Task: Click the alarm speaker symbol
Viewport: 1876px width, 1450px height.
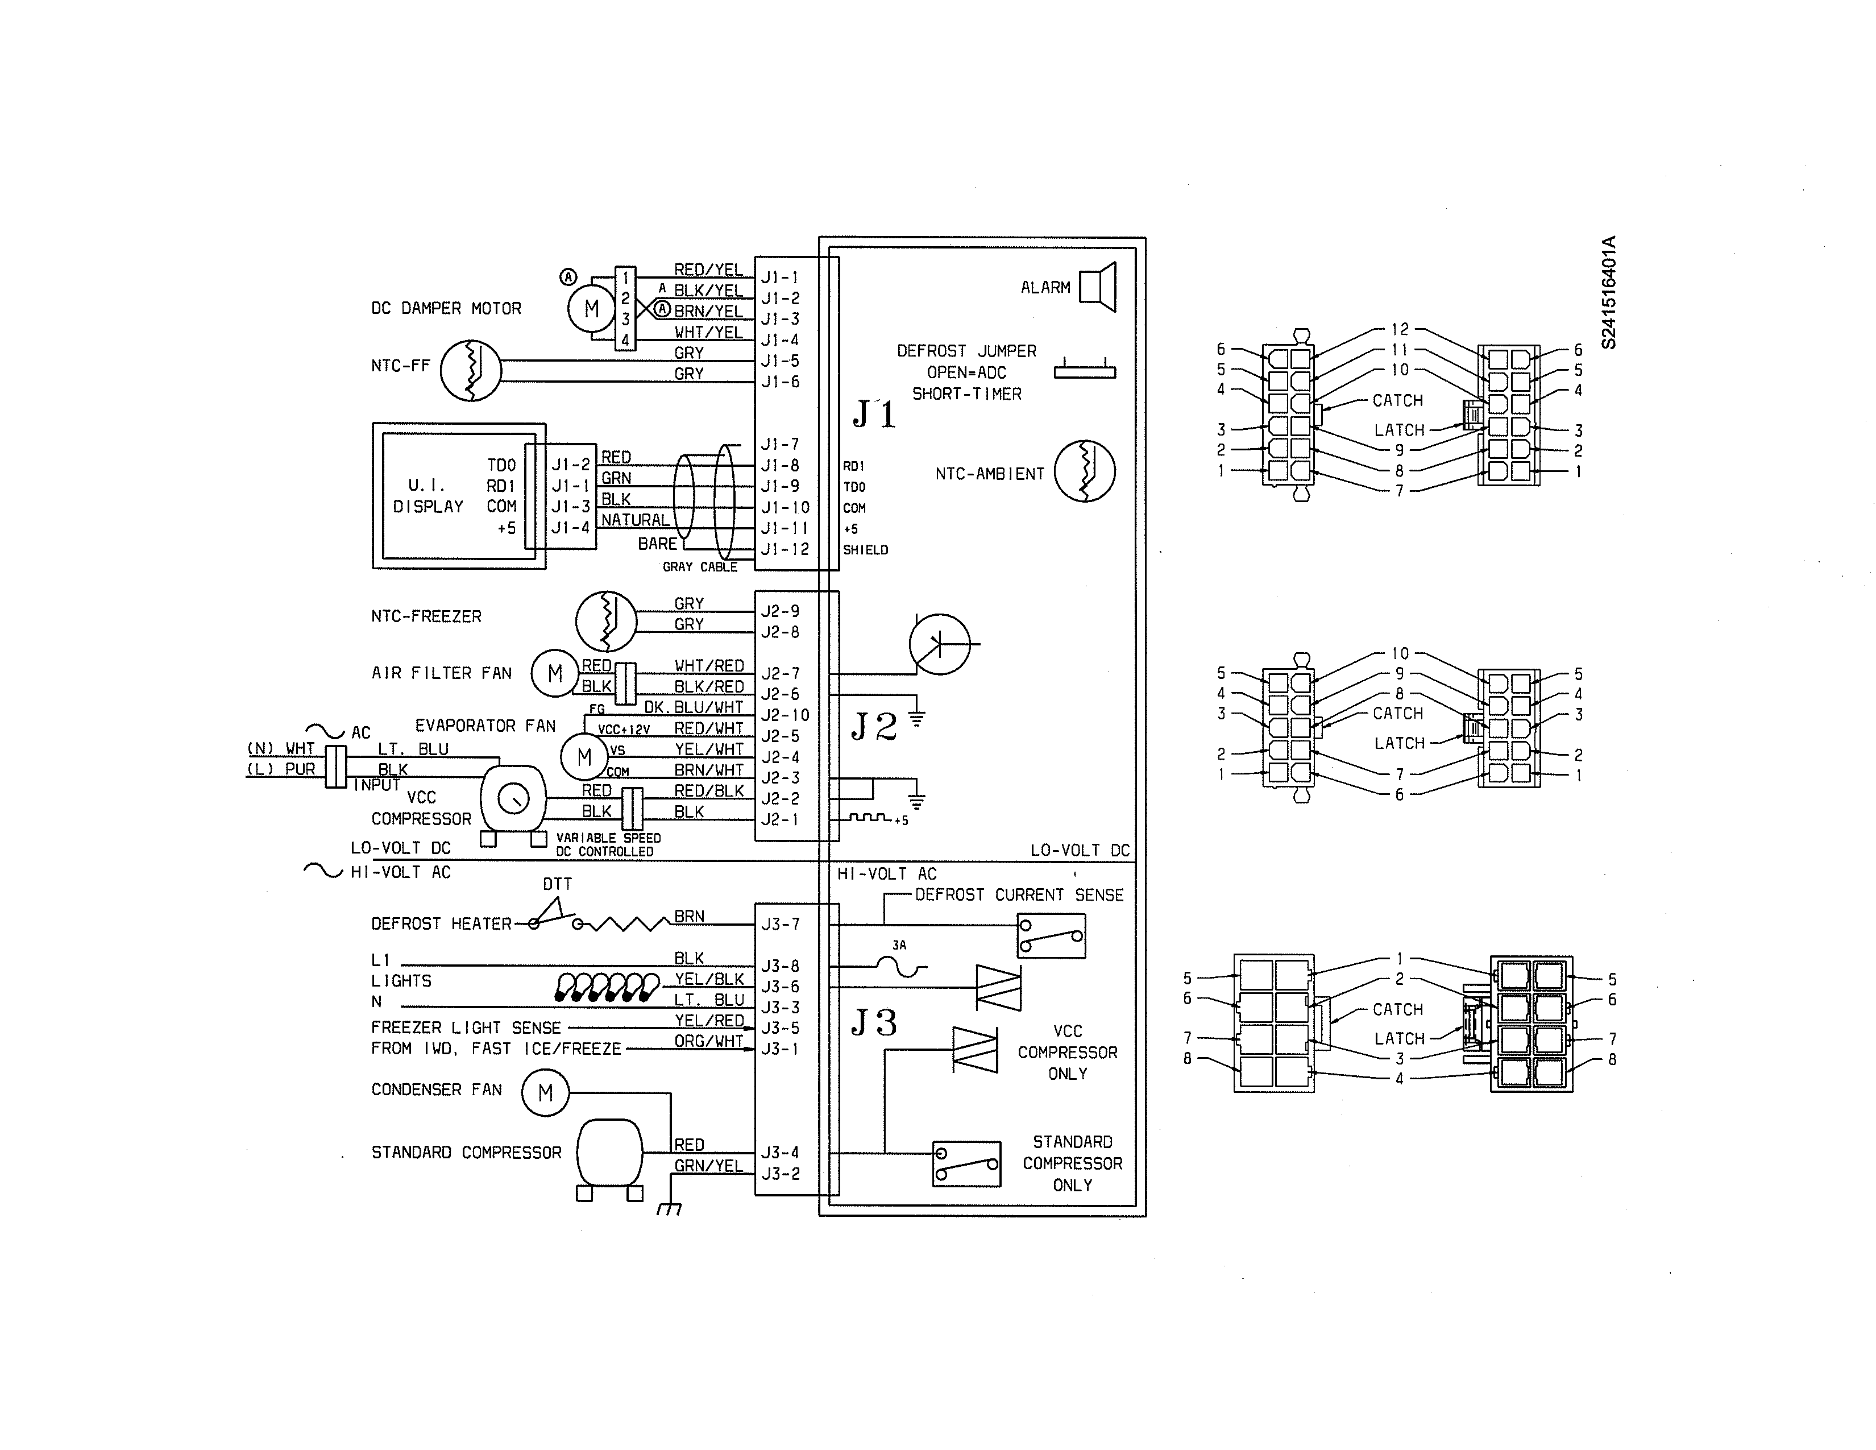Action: [x=1098, y=286]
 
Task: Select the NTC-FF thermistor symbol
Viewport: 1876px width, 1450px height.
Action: [x=471, y=370]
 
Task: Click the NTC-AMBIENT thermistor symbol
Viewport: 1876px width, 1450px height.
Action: [x=1084, y=471]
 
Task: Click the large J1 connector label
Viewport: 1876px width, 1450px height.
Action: [x=874, y=414]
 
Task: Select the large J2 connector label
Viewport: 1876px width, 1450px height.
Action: [x=874, y=727]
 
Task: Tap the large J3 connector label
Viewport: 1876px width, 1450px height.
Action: [x=874, y=1022]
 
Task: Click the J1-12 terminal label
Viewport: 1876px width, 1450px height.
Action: [x=785, y=549]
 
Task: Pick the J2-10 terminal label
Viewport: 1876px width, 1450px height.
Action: [x=785, y=715]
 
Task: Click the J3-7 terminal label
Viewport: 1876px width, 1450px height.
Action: [x=780, y=924]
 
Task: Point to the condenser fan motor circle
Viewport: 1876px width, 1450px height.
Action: [x=545, y=1093]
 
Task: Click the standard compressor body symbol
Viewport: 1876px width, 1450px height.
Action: [x=609, y=1153]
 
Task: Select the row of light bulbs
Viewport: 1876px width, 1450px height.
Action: [x=607, y=987]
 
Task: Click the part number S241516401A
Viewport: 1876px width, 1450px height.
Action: [x=1609, y=293]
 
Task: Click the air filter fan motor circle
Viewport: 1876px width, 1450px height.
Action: [x=555, y=673]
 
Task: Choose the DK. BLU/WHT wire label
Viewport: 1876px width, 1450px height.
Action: [x=693, y=707]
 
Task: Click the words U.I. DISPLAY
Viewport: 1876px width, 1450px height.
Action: [x=428, y=496]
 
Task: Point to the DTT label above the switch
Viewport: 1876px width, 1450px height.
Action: [x=557, y=884]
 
